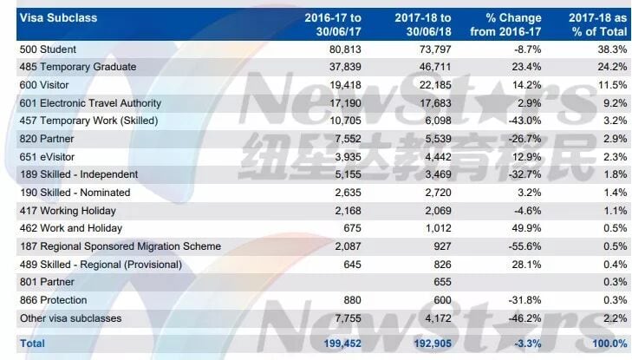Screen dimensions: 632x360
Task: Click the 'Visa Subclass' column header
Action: click(58, 18)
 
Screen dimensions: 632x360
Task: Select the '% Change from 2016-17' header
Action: click(505, 24)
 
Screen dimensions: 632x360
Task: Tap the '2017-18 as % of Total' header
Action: click(597, 24)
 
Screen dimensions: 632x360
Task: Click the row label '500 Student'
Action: click(48, 49)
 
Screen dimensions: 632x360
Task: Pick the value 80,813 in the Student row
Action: click(345, 49)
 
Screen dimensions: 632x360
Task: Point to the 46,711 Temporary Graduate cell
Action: click(435, 67)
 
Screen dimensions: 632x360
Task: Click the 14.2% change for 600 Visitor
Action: click(526, 85)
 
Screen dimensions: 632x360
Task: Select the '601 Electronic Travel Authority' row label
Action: click(90, 103)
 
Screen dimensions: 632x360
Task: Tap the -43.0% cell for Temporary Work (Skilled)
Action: click(524, 121)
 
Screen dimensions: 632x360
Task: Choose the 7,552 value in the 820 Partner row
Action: click(349, 139)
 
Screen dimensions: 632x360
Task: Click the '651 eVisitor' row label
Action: click(48, 157)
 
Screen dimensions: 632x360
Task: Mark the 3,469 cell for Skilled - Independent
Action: click(438, 174)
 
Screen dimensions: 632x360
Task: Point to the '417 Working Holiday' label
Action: click(68, 211)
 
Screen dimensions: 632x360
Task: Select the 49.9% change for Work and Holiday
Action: click(526, 228)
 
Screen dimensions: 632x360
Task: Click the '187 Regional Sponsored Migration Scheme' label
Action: click(121, 246)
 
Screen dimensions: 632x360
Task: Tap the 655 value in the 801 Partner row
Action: click(442, 282)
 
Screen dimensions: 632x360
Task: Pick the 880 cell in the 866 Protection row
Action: click(352, 300)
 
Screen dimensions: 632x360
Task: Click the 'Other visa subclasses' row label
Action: click(70, 318)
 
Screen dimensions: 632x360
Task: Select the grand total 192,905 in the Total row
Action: click(433, 344)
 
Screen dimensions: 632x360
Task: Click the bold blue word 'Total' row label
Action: click(32, 344)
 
